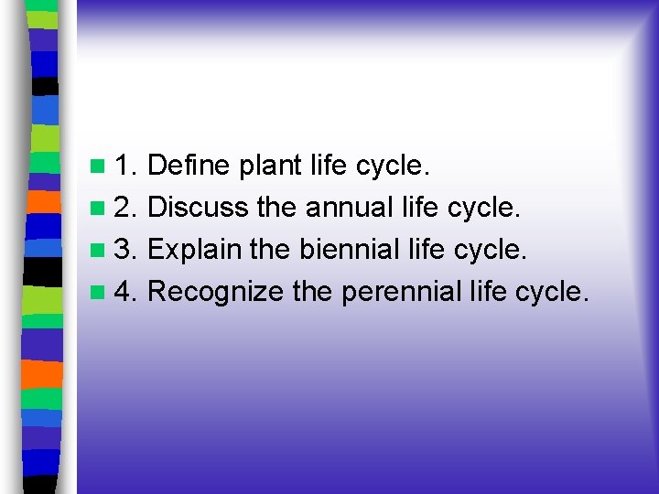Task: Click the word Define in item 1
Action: (x=189, y=166)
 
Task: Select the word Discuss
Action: (x=198, y=208)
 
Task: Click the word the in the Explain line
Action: (x=272, y=249)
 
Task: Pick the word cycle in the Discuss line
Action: (x=484, y=208)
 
